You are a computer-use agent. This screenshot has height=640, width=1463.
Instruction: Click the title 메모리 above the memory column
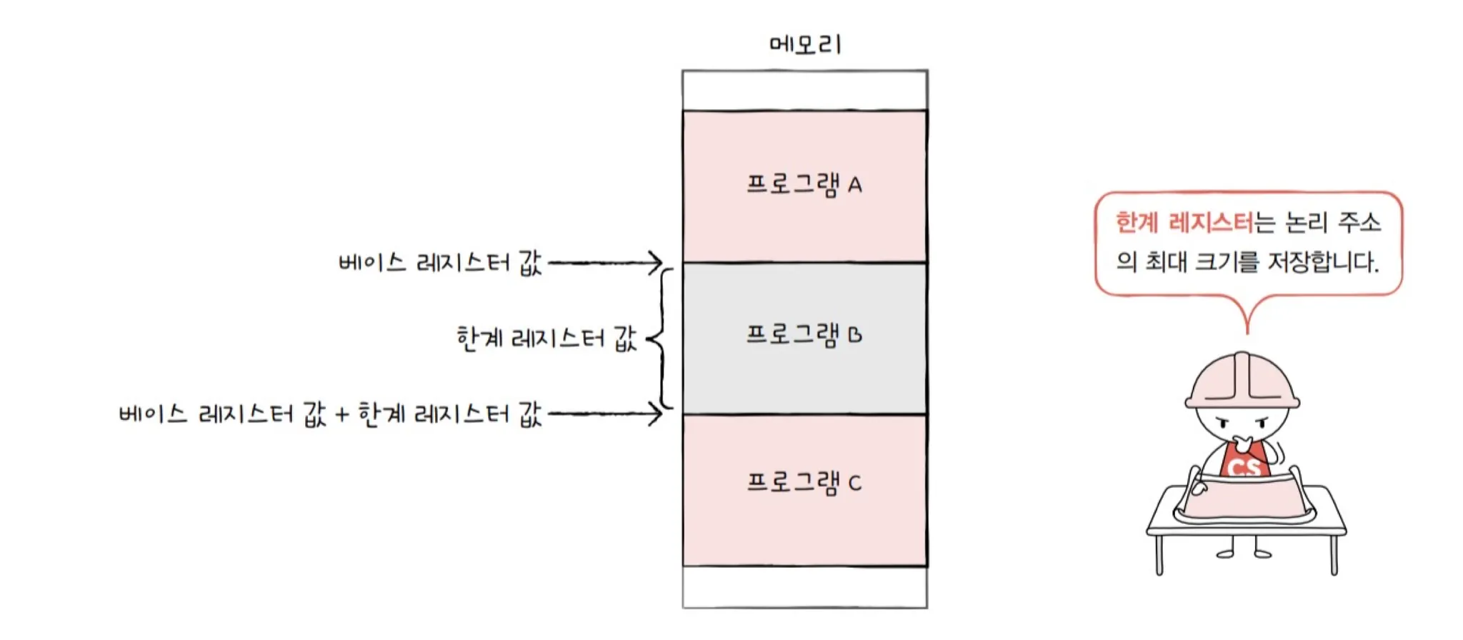[805, 44]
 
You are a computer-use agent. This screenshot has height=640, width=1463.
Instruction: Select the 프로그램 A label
[804, 185]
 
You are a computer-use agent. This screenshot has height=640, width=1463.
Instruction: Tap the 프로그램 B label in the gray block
[804, 335]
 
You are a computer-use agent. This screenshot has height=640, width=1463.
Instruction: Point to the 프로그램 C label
[804, 483]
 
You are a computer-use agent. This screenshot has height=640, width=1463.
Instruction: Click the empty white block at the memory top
[805, 91]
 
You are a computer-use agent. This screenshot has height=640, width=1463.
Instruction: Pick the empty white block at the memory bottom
[805, 587]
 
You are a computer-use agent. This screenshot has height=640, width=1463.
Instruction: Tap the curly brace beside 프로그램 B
[661, 339]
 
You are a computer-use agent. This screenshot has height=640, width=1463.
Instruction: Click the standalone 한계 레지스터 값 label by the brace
[546, 338]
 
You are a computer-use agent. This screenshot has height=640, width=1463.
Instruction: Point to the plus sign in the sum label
[342, 414]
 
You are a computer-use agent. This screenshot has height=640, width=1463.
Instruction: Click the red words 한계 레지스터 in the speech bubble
[1184, 223]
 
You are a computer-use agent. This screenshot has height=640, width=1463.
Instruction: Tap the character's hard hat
[1242, 382]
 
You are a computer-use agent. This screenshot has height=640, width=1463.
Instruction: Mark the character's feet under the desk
[1244, 553]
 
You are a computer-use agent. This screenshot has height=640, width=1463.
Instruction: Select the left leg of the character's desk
[1159, 554]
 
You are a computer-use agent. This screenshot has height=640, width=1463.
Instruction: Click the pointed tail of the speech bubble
[1247, 321]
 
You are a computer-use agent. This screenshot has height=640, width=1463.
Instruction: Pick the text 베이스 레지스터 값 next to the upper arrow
[440, 263]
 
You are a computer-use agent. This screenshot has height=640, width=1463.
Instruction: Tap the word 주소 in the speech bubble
[1359, 223]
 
